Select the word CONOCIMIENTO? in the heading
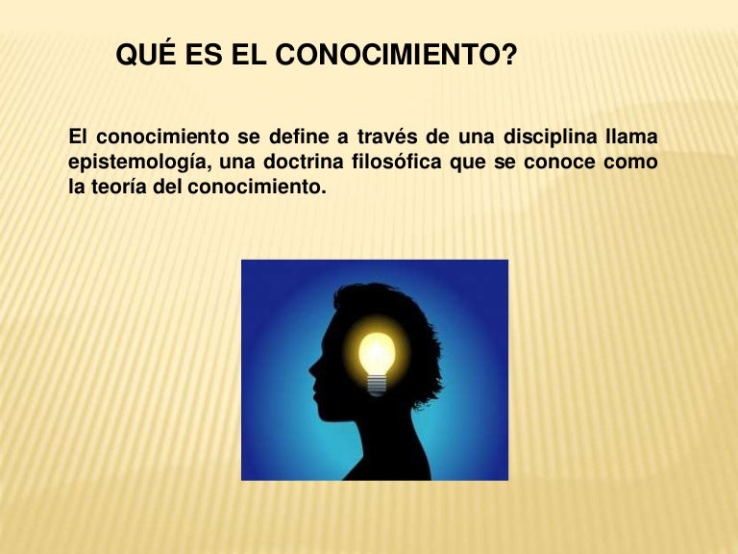pyautogui.click(x=396, y=55)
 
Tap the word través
pyautogui.click(x=387, y=138)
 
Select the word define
pyautogui.click(x=299, y=137)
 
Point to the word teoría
pyautogui.click(x=119, y=187)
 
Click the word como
pyautogui.click(x=630, y=163)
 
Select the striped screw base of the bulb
pyautogui.click(x=377, y=385)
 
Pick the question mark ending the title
pyautogui.click(x=508, y=54)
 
